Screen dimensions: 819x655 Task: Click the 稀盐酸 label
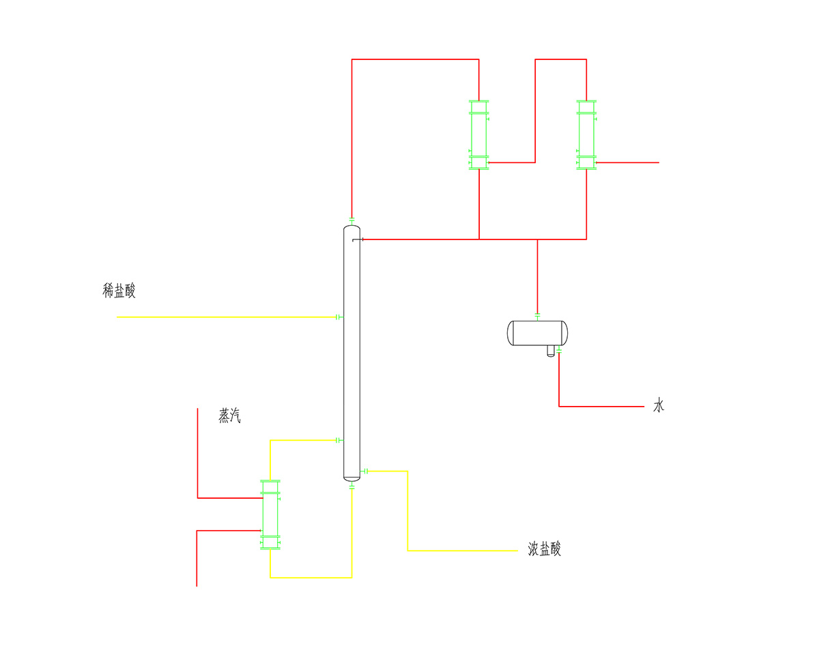pos(119,291)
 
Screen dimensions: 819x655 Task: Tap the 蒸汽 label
pos(229,416)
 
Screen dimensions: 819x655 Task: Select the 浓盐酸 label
pos(544,549)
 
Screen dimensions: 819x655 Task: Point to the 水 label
pos(659,405)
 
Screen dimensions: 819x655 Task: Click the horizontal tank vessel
pos(537,333)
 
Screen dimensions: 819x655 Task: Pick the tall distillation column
pos(351,353)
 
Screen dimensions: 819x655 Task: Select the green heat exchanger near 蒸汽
pos(270,515)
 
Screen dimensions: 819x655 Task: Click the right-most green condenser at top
pos(586,135)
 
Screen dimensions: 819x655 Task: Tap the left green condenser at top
pos(478,135)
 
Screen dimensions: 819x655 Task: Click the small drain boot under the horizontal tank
pos(551,351)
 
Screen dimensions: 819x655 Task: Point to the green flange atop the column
pos(351,220)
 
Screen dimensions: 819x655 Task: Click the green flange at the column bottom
pos(351,486)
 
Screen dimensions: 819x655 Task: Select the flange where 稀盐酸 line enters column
pos(339,317)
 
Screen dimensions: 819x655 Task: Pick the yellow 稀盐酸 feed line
pos(227,317)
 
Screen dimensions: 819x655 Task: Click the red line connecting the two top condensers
pos(535,111)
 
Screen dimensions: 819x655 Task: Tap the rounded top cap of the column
pos(351,228)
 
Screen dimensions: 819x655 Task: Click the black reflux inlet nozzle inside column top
pos(358,239)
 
